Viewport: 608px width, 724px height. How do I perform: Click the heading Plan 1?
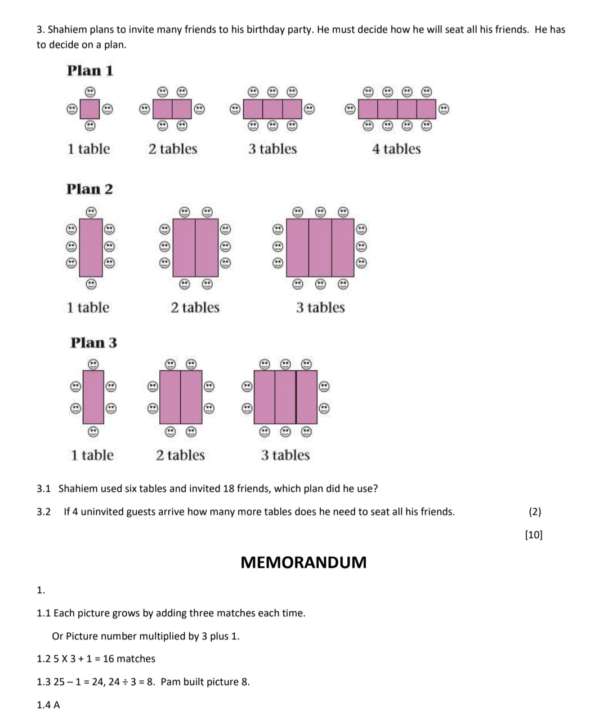tap(90, 71)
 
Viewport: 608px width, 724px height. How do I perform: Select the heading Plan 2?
tap(90, 189)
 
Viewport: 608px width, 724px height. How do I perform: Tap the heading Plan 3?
tap(93, 343)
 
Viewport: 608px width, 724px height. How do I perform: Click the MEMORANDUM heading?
tap(303, 562)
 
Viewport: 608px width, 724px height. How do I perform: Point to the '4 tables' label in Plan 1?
tap(396, 149)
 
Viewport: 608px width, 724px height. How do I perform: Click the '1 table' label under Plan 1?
tap(88, 149)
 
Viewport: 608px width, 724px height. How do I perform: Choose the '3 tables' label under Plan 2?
tap(320, 308)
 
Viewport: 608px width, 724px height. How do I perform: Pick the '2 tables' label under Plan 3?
tap(180, 455)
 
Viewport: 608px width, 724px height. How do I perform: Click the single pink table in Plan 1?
tap(90, 108)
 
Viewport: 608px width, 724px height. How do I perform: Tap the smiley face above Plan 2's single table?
tap(91, 212)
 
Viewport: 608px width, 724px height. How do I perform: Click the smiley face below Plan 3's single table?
tap(94, 432)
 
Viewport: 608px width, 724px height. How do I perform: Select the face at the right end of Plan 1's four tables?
tap(444, 109)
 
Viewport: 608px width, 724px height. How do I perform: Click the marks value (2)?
tap(535, 512)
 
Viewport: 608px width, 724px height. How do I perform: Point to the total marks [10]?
tap(534, 535)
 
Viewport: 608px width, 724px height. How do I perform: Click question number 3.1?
tap(44, 488)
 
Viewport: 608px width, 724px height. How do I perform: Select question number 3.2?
tap(44, 512)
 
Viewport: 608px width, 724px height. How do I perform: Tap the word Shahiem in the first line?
tap(66, 30)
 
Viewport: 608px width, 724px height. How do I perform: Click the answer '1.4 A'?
tap(48, 705)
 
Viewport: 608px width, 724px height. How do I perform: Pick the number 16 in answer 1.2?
tap(109, 659)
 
